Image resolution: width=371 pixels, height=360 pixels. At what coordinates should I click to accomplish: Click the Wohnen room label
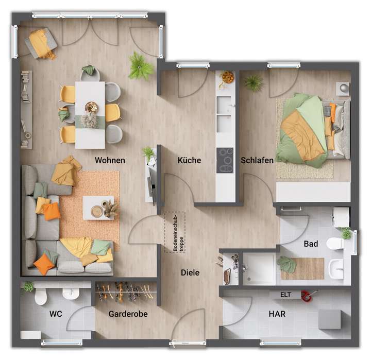pyautogui.click(x=110, y=161)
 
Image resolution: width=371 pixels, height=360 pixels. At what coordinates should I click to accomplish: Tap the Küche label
pyautogui.click(x=189, y=161)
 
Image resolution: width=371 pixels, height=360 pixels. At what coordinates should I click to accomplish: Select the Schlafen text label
pyautogui.click(x=257, y=161)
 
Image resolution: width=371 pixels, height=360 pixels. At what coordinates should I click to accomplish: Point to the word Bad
pyautogui.click(x=311, y=244)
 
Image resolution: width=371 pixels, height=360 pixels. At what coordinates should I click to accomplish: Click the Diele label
pyautogui.click(x=190, y=273)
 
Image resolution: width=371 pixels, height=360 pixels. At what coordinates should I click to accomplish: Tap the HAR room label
pyautogui.click(x=277, y=314)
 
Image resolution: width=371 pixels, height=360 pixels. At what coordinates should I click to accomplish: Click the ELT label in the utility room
pyautogui.click(x=285, y=295)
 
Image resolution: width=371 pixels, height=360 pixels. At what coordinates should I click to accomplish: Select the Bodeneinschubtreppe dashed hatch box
pyautogui.click(x=175, y=232)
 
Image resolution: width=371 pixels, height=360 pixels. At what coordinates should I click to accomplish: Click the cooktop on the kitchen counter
pyautogui.click(x=225, y=157)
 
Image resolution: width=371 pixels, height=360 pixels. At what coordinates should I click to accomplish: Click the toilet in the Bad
pyautogui.click(x=335, y=243)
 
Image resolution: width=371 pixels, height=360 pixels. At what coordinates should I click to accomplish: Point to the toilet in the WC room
pyautogui.click(x=41, y=297)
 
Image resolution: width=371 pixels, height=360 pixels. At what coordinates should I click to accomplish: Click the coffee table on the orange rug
pyautogui.click(x=98, y=208)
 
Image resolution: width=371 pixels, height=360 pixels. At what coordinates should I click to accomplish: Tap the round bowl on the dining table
pyautogui.click(x=91, y=107)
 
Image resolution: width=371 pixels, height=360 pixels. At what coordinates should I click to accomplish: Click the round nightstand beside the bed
pyautogui.click(x=344, y=88)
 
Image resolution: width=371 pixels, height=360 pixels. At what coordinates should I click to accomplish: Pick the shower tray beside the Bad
pyautogui.click(x=259, y=269)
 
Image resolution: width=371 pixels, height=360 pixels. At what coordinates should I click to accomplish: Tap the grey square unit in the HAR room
pyautogui.click(x=329, y=319)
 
